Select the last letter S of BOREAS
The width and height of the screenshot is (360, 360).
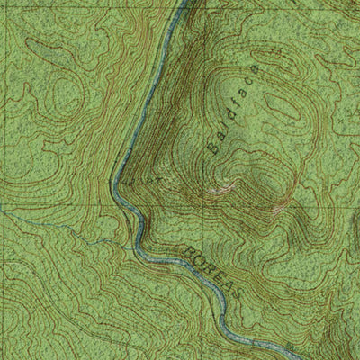click(233, 284)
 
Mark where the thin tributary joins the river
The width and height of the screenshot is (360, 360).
click(135, 239)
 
